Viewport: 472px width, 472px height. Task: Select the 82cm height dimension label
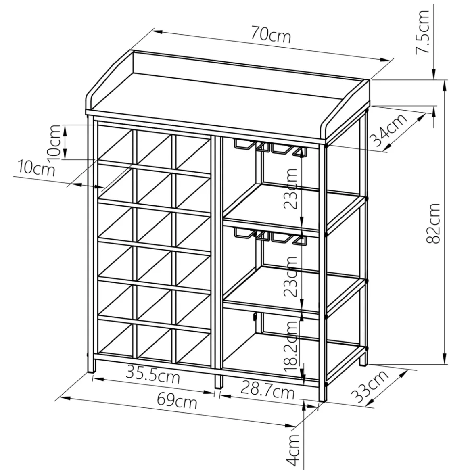point(433,223)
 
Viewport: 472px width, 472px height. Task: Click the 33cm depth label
point(370,387)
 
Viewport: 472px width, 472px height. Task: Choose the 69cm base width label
point(177,401)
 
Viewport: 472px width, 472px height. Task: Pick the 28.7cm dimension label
point(267,390)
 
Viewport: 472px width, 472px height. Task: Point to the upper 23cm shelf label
point(290,189)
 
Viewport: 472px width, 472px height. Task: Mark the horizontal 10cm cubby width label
point(36,168)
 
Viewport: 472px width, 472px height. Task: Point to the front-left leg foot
point(92,367)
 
